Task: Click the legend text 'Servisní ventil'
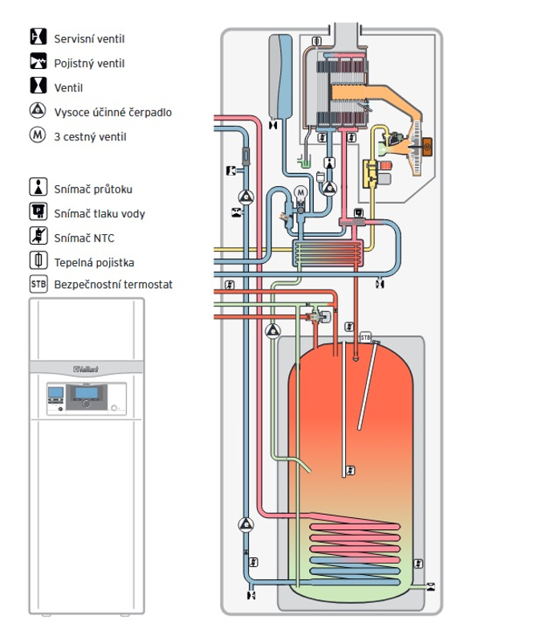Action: [89, 38]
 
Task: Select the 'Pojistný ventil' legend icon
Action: [38, 63]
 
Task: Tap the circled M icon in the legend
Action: [38, 136]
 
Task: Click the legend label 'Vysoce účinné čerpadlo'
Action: [112, 112]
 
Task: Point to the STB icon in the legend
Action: [38, 284]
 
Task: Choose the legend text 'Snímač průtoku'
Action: [93, 189]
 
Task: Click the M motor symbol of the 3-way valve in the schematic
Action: [300, 192]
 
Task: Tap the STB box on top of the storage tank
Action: [366, 338]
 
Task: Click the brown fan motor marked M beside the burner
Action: [426, 147]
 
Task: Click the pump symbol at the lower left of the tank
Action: [244, 525]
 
